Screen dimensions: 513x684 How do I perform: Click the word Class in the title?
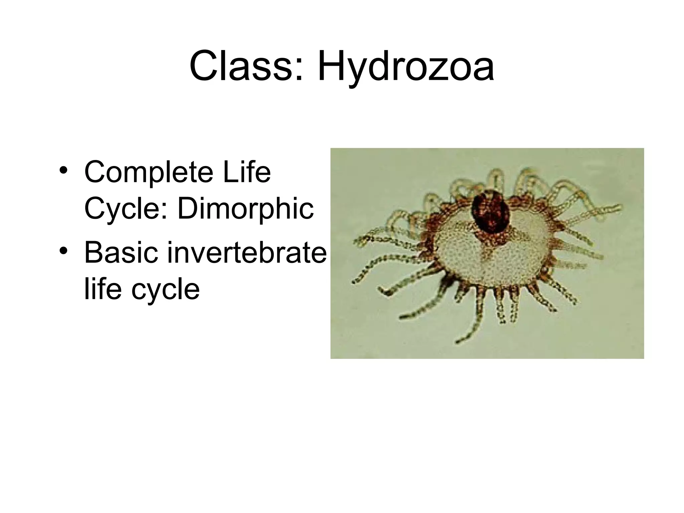pyautogui.click(x=242, y=66)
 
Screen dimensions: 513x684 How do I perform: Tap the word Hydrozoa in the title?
pyautogui.click(x=405, y=66)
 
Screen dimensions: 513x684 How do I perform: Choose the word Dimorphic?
pyautogui.click(x=245, y=209)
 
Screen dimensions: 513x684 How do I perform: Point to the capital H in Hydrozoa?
pyautogui.click(x=332, y=66)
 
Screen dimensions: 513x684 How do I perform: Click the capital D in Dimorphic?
pyautogui.click(x=187, y=209)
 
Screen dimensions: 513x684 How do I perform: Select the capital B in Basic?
pyautogui.click(x=93, y=253)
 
